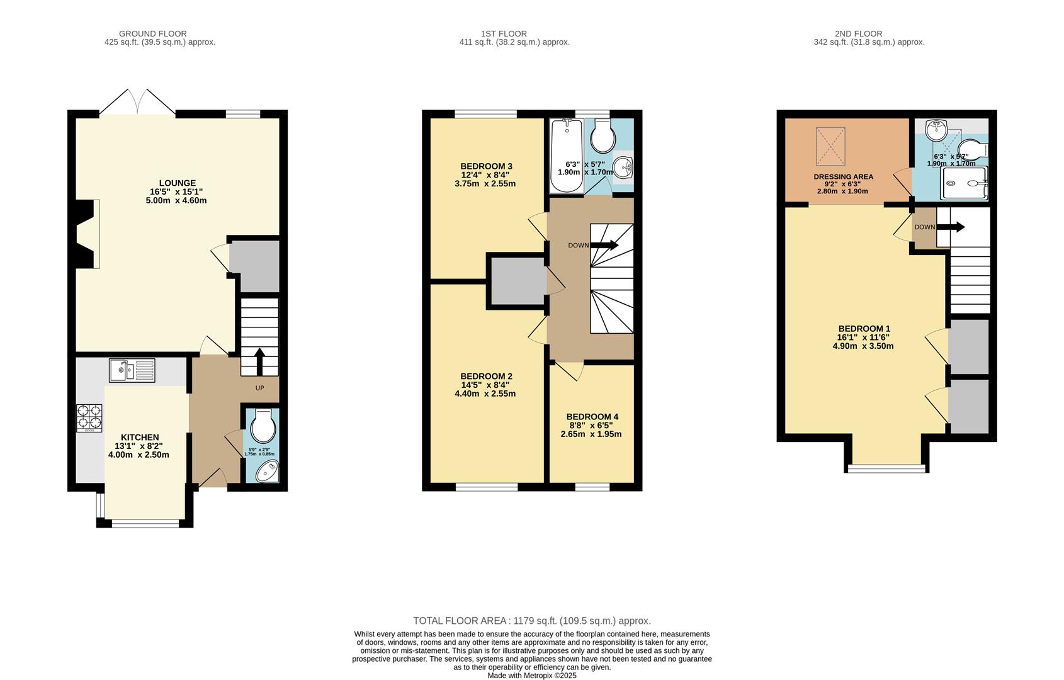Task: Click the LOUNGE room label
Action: coord(177,183)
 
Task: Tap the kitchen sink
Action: coord(132,370)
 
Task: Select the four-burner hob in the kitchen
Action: coord(89,416)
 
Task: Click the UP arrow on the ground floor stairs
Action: coord(259,362)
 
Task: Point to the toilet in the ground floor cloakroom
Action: coord(262,427)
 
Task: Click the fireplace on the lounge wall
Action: coord(87,234)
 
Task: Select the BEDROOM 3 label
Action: coord(485,166)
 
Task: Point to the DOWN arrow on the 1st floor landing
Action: coord(604,245)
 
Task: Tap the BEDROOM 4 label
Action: coord(592,417)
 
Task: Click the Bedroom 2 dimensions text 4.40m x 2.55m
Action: coord(485,394)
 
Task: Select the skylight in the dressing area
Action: coord(830,145)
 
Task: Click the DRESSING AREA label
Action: coord(843,177)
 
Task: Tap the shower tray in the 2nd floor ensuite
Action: coord(963,183)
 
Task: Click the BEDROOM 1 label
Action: coord(864,329)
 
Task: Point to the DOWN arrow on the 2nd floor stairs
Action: coord(951,227)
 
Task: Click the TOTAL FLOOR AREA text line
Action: coord(531,621)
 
